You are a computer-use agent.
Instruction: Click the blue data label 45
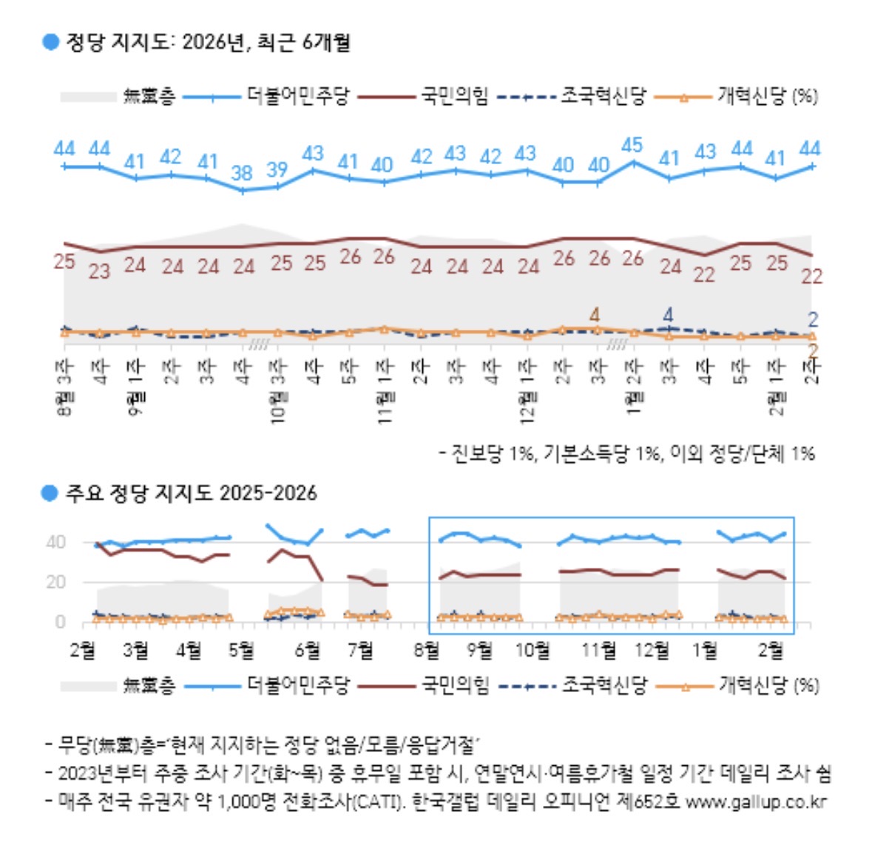pyautogui.click(x=632, y=145)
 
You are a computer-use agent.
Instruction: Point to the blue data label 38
pyautogui.click(x=242, y=173)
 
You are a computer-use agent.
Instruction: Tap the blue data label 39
pyautogui.click(x=277, y=169)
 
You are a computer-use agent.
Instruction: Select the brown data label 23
pyautogui.click(x=99, y=271)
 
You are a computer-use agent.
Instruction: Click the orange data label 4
pyautogui.click(x=595, y=314)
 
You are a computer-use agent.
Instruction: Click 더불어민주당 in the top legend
pyautogui.click(x=297, y=96)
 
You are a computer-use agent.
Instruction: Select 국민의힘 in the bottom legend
pyautogui.click(x=455, y=685)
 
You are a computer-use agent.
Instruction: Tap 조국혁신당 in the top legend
pyautogui.click(x=603, y=96)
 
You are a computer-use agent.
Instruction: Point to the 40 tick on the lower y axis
pyautogui.click(x=56, y=543)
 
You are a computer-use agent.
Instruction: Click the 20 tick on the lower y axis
pyautogui.click(x=56, y=583)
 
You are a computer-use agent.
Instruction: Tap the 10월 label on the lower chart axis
pyautogui.click(x=533, y=651)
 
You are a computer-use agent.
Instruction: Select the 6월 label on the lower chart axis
pyautogui.click(x=308, y=651)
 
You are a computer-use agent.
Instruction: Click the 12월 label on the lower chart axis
pyautogui.click(x=652, y=651)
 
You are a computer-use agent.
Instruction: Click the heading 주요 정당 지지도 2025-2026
pyautogui.click(x=191, y=493)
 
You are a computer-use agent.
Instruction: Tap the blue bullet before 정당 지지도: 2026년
pyautogui.click(x=50, y=42)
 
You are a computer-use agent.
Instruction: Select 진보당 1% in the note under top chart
pyautogui.click(x=492, y=453)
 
